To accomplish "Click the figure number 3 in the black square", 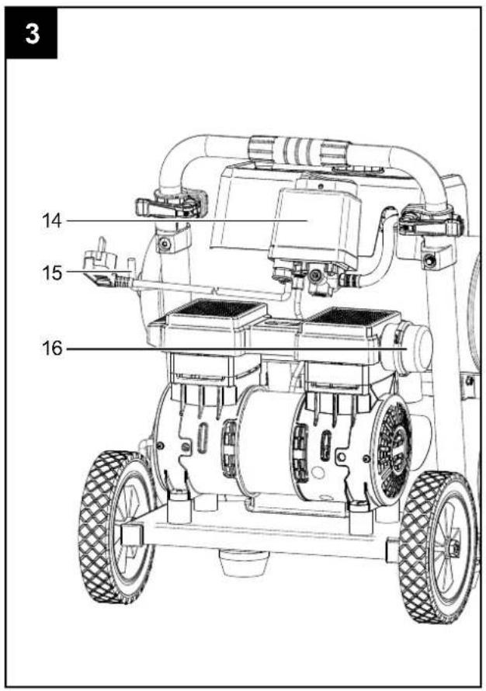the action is [32, 34].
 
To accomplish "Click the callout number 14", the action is [51, 220].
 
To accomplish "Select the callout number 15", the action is [52, 273].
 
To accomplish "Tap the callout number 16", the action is [52, 349].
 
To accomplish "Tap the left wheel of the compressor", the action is [117, 526].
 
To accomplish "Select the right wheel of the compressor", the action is [439, 546].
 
